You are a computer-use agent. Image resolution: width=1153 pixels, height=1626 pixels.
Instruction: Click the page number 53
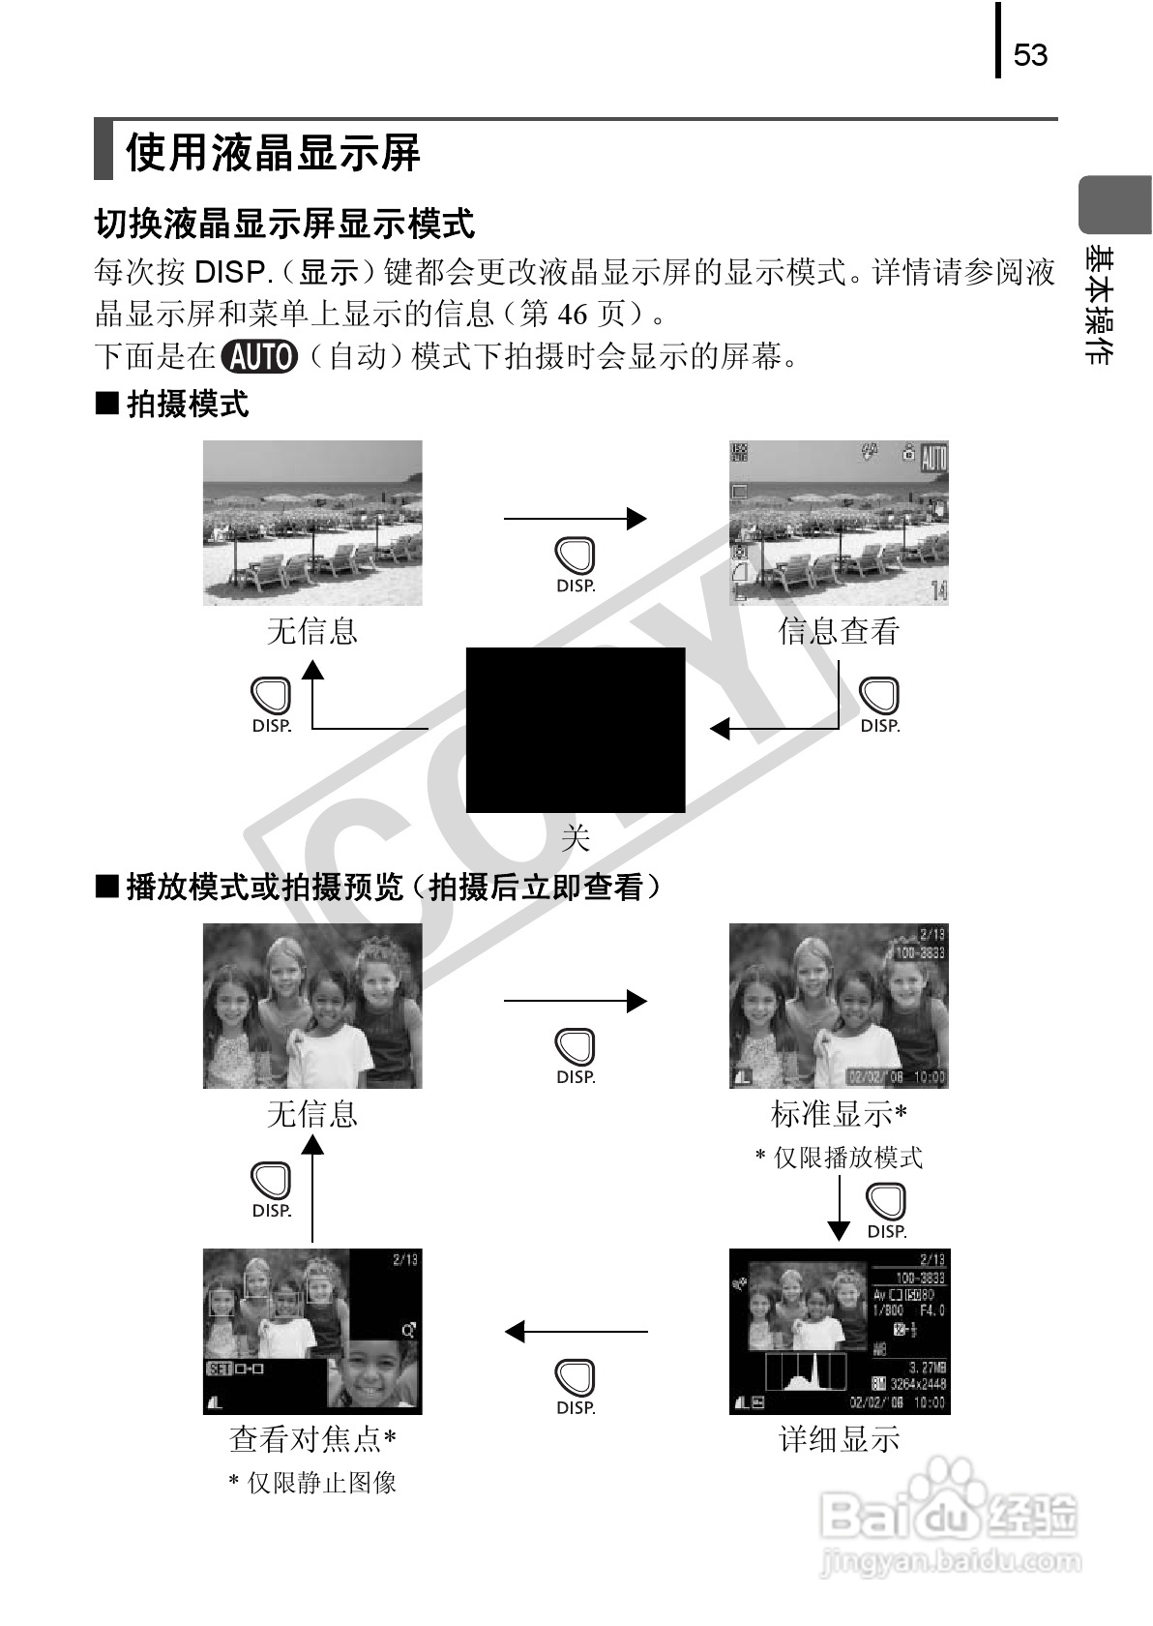[1030, 54]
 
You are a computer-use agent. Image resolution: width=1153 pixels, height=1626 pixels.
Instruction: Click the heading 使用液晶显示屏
[273, 152]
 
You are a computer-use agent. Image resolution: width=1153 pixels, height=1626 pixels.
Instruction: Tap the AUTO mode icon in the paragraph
[259, 357]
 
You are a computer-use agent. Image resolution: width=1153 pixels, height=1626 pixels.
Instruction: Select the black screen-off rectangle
[576, 730]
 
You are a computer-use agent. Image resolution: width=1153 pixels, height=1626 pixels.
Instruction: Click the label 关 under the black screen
[576, 837]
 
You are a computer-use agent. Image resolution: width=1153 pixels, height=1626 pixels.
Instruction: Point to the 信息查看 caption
[839, 631]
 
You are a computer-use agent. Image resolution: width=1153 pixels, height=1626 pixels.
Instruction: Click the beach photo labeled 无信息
[312, 523]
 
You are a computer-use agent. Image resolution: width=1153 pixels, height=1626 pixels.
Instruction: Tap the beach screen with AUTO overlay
[839, 523]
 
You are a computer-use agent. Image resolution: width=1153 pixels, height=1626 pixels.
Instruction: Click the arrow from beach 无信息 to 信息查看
[575, 519]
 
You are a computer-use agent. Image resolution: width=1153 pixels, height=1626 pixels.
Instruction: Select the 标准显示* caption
[839, 1114]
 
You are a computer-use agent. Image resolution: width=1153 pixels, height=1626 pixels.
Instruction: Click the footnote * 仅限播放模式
[839, 1157]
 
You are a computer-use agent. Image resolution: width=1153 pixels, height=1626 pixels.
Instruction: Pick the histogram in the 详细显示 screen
[806, 1371]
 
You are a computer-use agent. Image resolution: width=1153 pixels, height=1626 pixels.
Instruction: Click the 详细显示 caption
[839, 1439]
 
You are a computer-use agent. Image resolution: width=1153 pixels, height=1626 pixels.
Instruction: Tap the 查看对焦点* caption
[312, 1439]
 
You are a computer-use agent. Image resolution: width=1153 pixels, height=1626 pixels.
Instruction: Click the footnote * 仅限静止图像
[312, 1482]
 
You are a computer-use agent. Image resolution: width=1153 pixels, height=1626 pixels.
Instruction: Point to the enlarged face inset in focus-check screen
[374, 1374]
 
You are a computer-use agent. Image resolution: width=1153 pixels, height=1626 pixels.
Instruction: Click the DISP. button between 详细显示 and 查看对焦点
[576, 1385]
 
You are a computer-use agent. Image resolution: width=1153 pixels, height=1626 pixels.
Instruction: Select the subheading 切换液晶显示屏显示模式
[284, 225]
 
